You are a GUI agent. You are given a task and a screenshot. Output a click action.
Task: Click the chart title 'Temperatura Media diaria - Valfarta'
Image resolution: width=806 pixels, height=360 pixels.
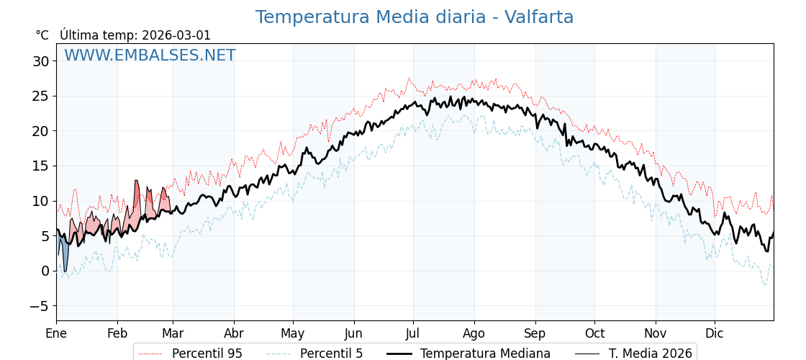[415, 17]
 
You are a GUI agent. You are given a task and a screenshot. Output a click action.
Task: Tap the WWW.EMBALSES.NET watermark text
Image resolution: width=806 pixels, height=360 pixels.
[150, 55]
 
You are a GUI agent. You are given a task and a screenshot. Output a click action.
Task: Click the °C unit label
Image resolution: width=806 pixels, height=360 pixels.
[42, 35]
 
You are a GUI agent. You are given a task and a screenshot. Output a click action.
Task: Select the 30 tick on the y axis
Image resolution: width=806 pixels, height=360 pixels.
[40, 61]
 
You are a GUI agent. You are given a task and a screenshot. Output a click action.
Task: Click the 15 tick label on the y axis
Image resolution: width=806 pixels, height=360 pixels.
[40, 166]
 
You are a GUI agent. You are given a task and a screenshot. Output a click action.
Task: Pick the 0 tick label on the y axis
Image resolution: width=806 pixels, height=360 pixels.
[45, 271]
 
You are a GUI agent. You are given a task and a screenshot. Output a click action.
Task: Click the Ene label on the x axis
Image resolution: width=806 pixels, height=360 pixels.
[56, 333]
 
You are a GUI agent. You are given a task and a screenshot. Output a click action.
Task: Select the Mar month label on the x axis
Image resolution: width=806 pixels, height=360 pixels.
[173, 333]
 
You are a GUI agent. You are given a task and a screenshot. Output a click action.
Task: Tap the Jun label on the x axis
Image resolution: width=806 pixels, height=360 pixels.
[353, 333]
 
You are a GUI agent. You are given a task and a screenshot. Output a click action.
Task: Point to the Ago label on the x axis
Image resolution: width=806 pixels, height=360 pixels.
[474, 333]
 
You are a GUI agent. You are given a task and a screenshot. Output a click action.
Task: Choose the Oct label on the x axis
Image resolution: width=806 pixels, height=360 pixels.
[594, 333]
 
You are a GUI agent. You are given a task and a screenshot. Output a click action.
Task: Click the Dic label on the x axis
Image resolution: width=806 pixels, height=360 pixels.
[715, 333]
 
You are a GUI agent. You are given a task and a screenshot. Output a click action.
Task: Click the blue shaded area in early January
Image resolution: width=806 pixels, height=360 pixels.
[65, 252]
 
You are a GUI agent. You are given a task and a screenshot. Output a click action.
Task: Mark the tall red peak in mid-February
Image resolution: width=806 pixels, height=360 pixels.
[137, 194]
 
